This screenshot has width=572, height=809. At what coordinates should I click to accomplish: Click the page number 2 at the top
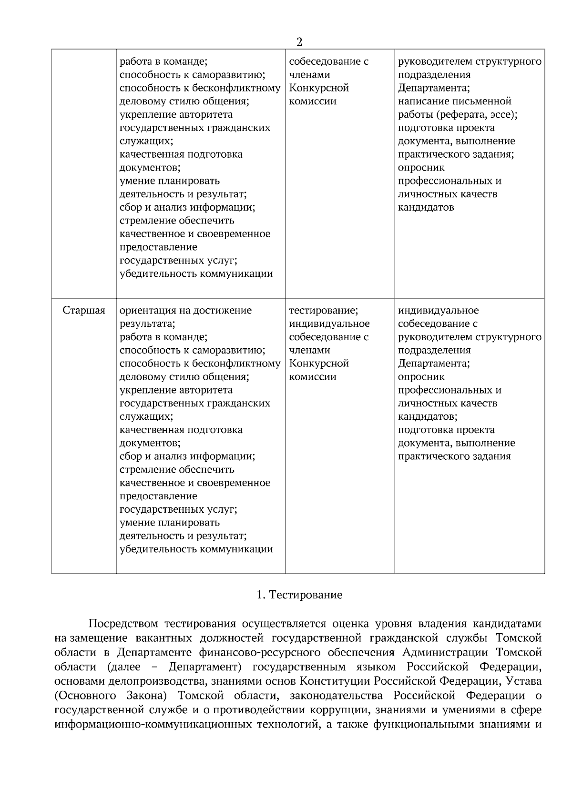tap(299, 42)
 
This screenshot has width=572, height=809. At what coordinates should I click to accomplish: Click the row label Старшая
tap(84, 311)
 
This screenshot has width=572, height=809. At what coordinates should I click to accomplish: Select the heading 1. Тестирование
tap(299, 595)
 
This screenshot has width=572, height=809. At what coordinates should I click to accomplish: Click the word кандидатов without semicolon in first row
tap(426, 208)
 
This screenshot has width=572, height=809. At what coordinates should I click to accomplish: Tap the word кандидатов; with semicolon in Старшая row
tap(428, 417)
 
